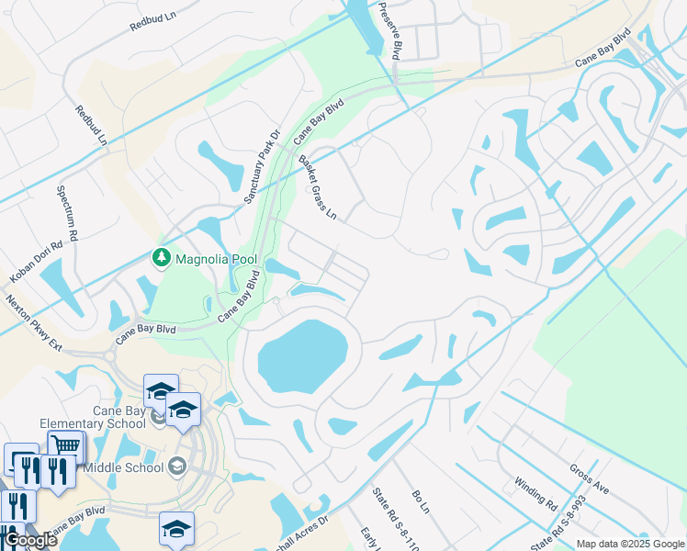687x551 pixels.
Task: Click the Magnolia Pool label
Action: pyautogui.click(x=216, y=261)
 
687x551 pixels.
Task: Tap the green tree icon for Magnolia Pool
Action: pyautogui.click(x=162, y=259)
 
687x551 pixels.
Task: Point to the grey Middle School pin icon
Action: pyautogui.click(x=178, y=467)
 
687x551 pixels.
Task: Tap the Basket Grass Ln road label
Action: pyautogui.click(x=319, y=188)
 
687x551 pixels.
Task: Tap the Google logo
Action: pyautogui.click(x=30, y=540)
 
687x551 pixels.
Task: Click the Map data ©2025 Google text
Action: pyautogui.click(x=629, y=544)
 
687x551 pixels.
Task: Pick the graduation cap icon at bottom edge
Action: pyautogui.click(x=176, y=530)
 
